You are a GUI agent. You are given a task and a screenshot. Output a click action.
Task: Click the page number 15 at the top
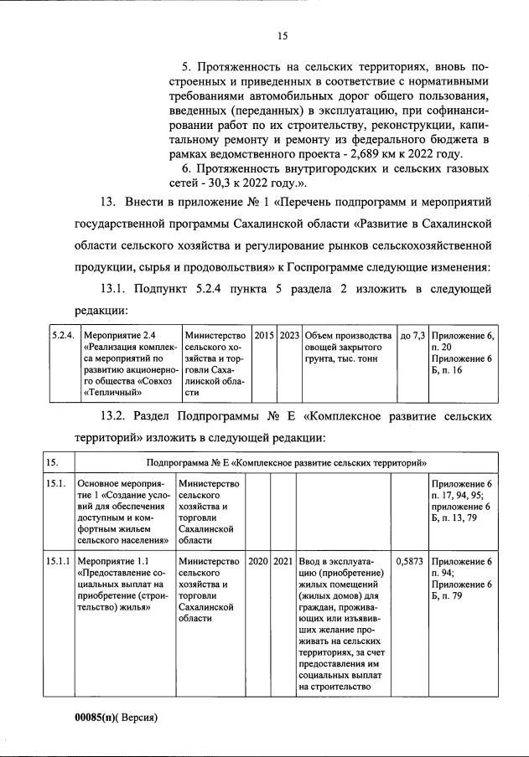[283, 35]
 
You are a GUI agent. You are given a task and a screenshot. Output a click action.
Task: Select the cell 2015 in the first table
[263, 336]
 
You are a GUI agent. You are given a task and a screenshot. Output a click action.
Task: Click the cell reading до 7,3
[412, 336]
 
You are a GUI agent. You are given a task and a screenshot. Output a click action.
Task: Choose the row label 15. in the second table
[52, 462]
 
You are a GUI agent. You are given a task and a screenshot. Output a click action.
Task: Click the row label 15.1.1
[58, 561]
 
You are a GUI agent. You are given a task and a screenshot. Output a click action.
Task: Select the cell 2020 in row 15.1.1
[258, 561]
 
